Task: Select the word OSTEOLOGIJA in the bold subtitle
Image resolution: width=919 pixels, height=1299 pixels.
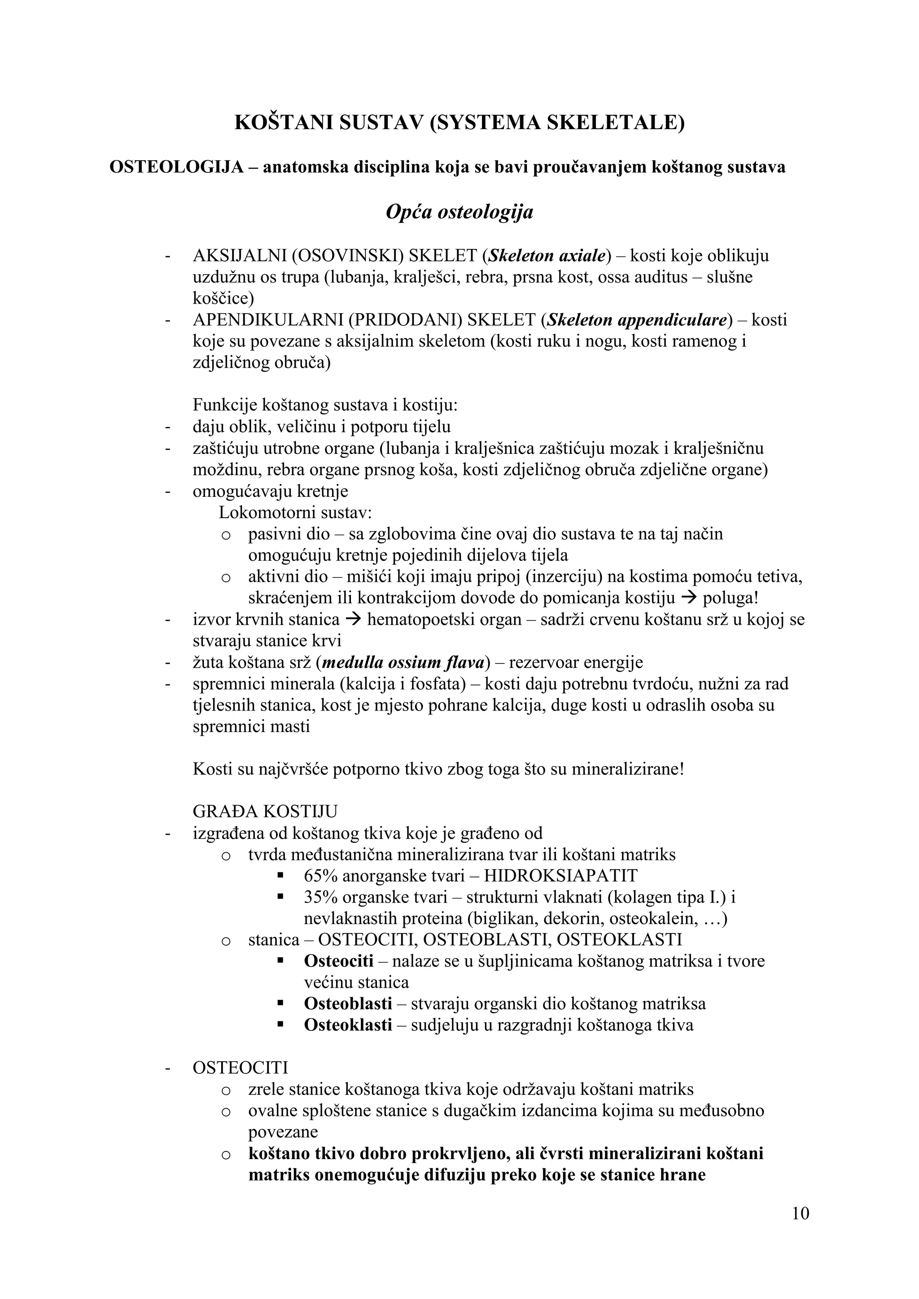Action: [176, 167]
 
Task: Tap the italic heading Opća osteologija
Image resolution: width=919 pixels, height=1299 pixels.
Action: [459, 212]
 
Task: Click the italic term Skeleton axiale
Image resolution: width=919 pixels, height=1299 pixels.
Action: [547, 256]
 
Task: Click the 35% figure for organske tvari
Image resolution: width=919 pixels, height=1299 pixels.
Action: [320, 897]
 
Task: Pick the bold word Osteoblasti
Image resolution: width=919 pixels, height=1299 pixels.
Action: [347, 1004]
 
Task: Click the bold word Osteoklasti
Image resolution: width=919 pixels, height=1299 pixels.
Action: [347, 1025]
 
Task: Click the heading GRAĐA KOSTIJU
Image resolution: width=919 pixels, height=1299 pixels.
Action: [265, 811]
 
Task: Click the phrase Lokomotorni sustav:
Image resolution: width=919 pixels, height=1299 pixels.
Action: [295, 513]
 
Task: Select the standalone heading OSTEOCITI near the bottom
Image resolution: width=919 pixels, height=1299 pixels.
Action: [241, 1068]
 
